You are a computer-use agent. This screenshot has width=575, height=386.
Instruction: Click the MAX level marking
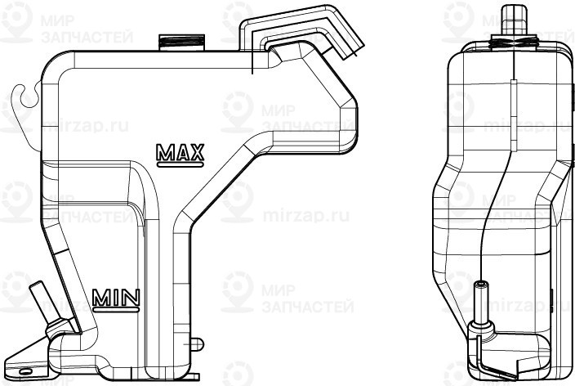click(180, 151)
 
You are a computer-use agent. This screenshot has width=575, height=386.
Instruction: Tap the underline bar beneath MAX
click(180, 163)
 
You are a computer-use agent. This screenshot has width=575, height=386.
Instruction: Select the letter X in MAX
click(196, 151)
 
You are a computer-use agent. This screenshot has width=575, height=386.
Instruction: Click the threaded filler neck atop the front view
click(181, 41)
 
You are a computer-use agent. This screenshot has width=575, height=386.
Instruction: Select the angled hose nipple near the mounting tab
click(40, 298)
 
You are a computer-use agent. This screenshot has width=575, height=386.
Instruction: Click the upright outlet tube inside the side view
click(481, 302)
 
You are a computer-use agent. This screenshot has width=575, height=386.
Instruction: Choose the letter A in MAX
click(180, 151)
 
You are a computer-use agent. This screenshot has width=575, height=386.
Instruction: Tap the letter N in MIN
click(131, 298)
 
